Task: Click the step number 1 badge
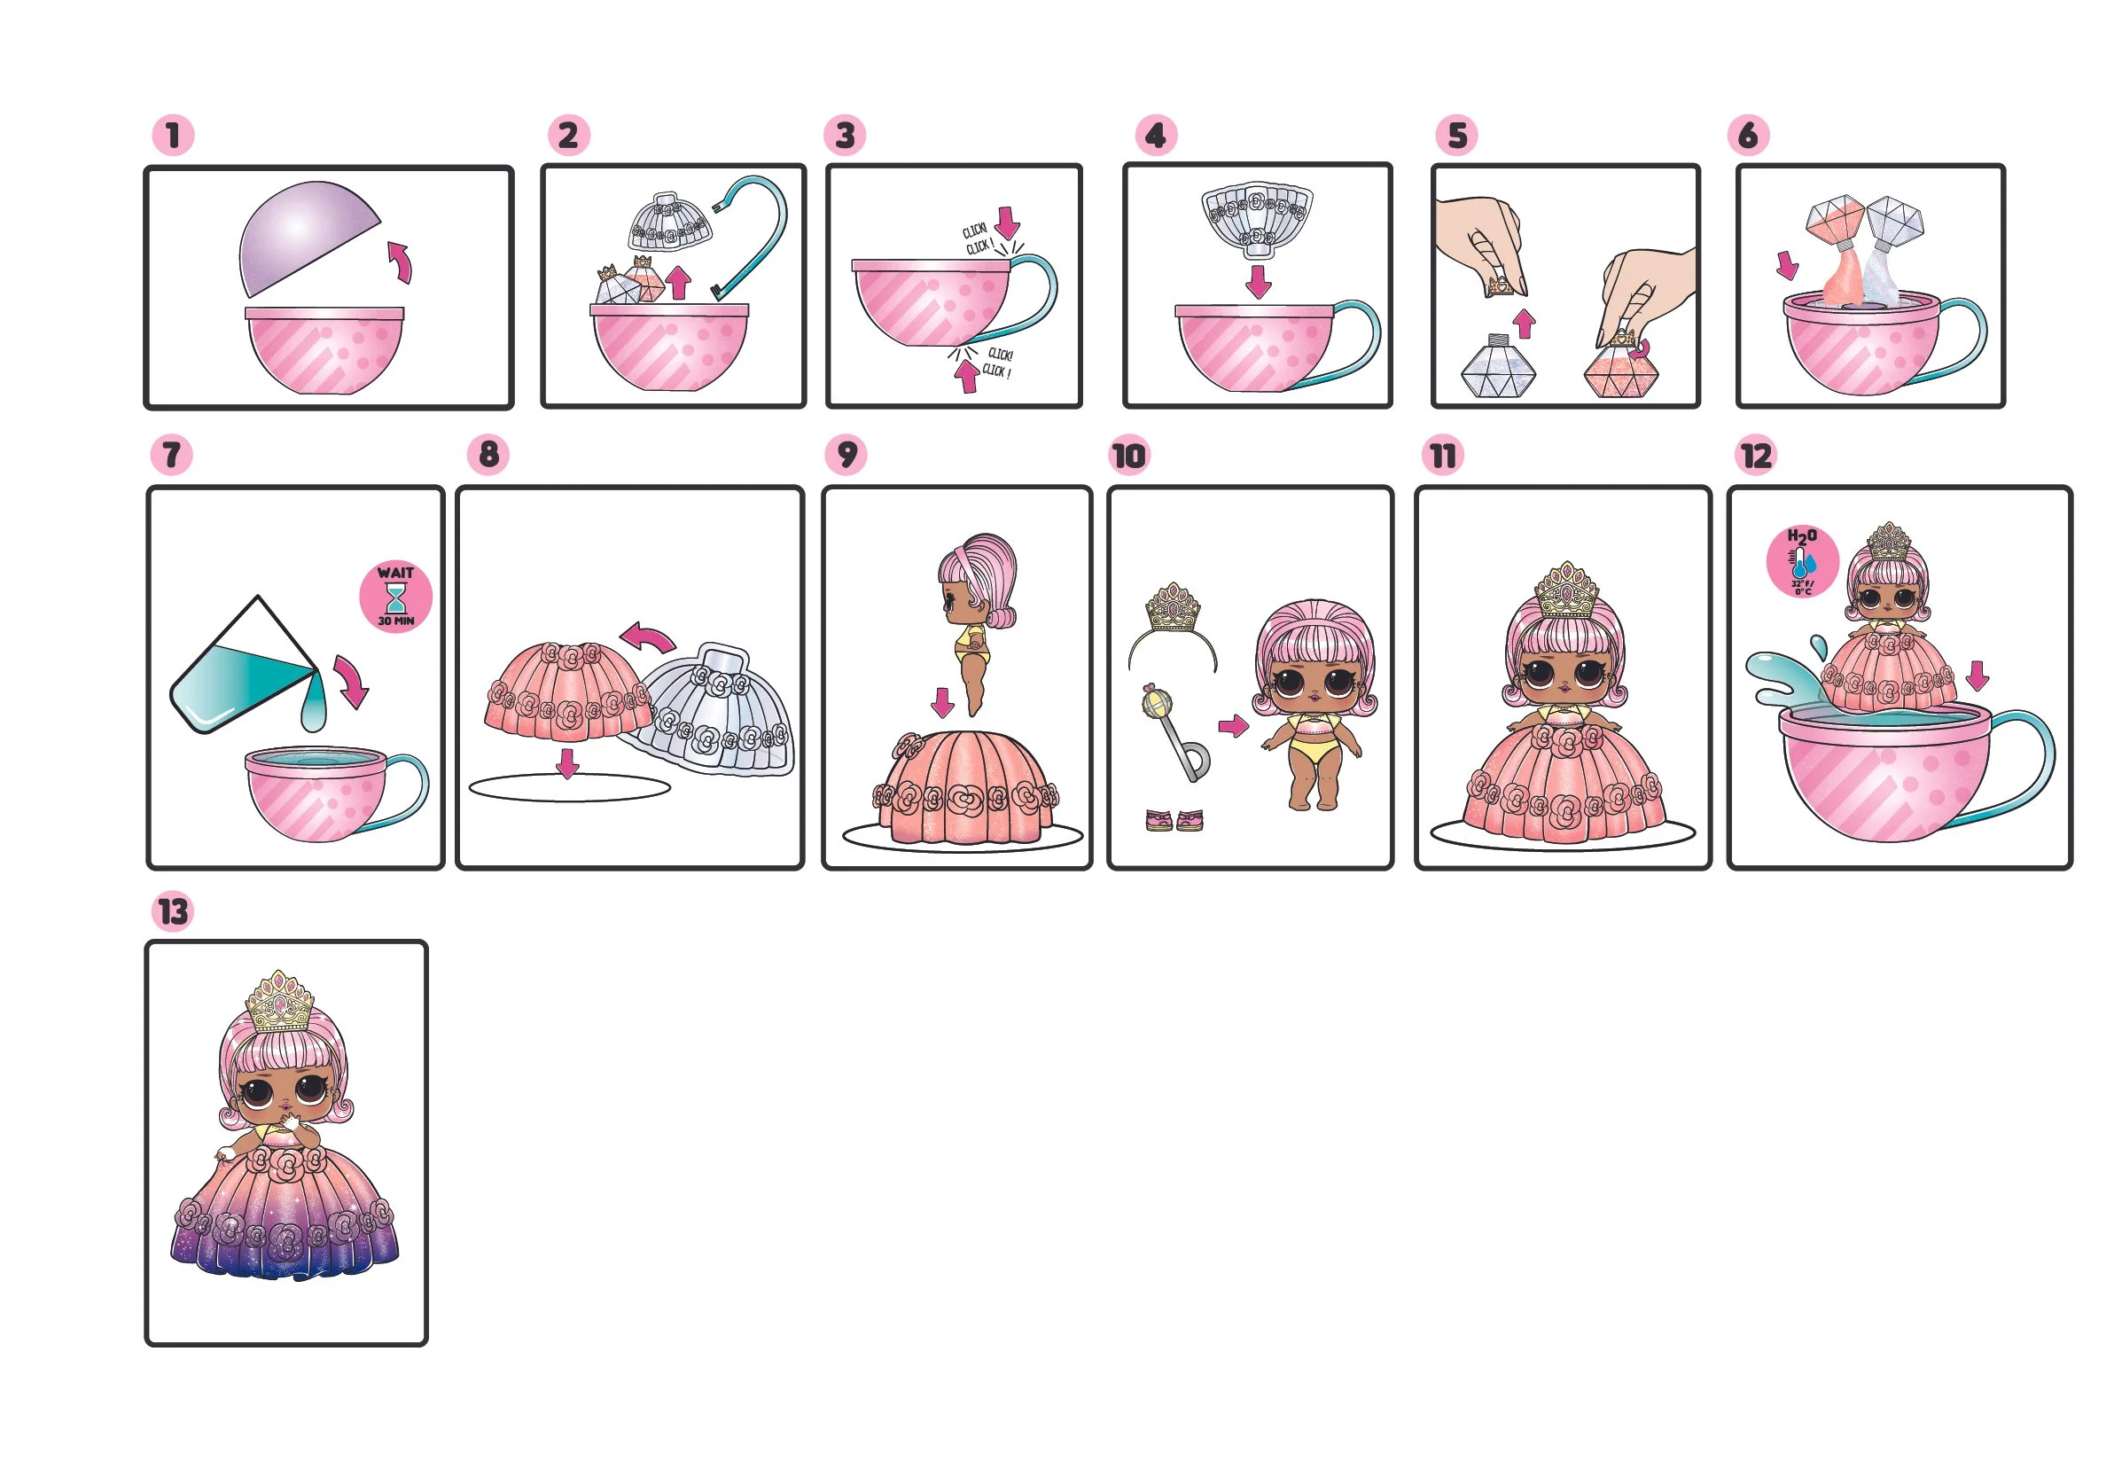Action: [x=173, y=136]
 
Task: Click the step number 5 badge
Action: [x=1457, y=136]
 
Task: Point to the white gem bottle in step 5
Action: [x=1498, y=368]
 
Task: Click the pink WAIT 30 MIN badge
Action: [x=395, y=597]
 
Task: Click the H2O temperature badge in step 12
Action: [x=1802, y=561]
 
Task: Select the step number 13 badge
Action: [x=172, y=910]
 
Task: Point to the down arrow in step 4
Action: [x=1259, y=281]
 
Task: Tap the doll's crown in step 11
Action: [x=1566, y=590]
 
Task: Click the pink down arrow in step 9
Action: [x=941, y=702]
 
